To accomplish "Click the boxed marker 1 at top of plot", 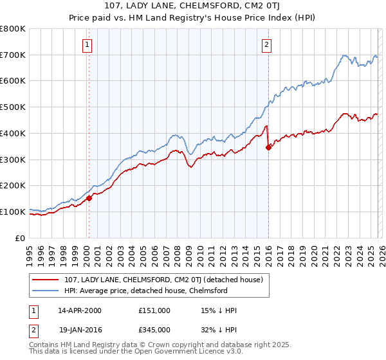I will point(87,44).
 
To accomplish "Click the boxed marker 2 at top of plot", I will point(266,44).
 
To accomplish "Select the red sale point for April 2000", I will point(89,199).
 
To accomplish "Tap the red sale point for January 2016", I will point(268,147).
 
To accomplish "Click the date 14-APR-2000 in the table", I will point(80,310).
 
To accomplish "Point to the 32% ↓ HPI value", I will point(219,329).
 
